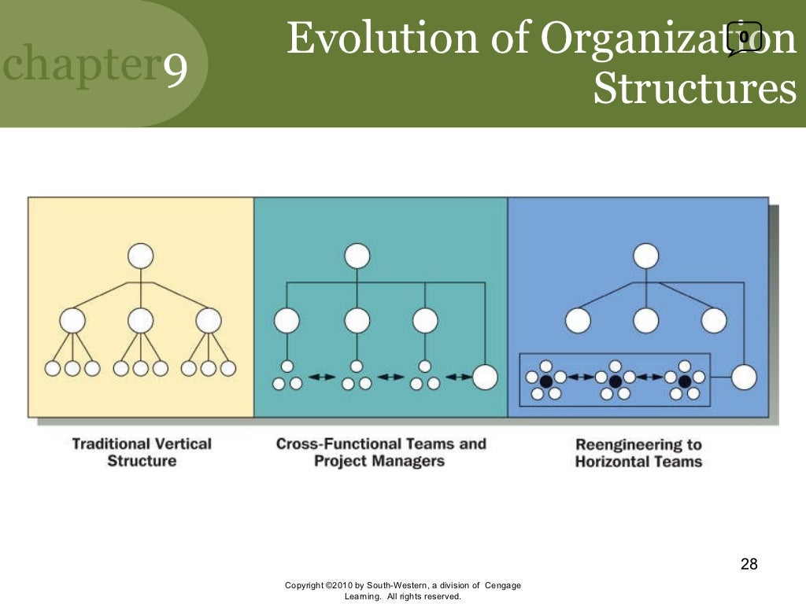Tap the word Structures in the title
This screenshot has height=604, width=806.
pyautogui.click(x=694, y=89)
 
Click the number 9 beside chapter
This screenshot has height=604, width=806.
pyautogui.click(x=176, y=71)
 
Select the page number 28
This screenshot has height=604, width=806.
pyautogui.click(x=749, y=564)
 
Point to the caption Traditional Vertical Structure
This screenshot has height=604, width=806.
pyautogui.click(x=142, y=452)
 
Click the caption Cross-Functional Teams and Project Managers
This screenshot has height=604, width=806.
pyautogui.click(x=380, y=452)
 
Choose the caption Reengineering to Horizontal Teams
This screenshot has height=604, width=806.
pyautogui.click(x=638, y=453)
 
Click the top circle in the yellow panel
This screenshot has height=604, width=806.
pyautogui.click(x=140, y=256)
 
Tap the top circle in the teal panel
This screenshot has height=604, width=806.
pyautogui.click(x=357, y=256)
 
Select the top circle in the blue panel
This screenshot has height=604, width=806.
pyautogui.click(x=645, y=256)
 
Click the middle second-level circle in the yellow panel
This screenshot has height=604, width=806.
pyautogui.click(x=140, y=320)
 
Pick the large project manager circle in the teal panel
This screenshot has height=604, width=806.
pyautogui.click(x=485, y=377)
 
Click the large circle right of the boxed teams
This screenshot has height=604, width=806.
pyautogui.click(x=744, y=377)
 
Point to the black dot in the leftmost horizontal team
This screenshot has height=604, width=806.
pyautogui.click(x=545, y=381)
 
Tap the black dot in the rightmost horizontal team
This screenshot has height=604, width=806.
pyautogui.click(x=684, y=381)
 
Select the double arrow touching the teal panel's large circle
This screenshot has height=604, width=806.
pyautogui.click(x=459, y=377)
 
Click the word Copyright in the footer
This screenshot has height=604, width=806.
pyautogui.click(x=304, y=585)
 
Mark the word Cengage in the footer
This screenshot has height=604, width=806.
pyautogui.click(x=503, y=585)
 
